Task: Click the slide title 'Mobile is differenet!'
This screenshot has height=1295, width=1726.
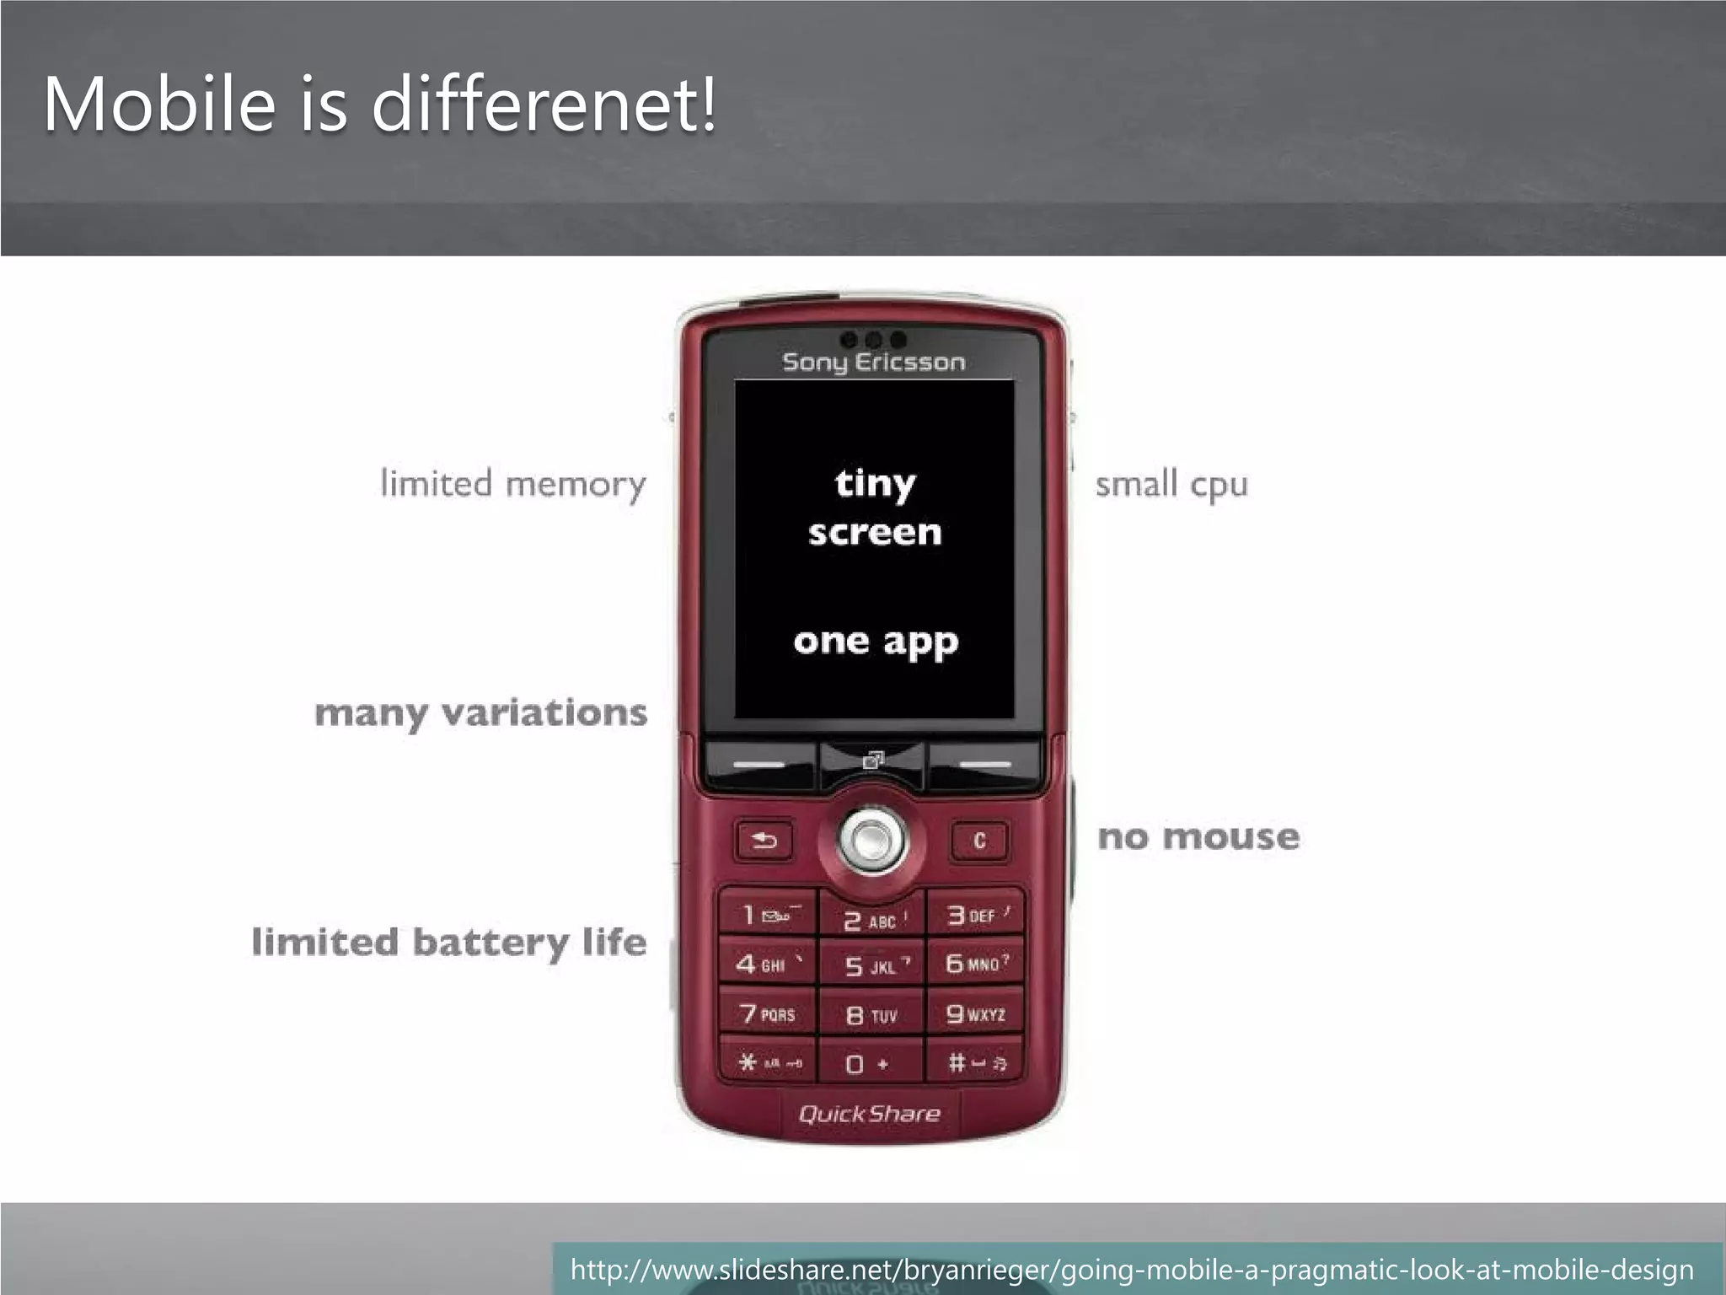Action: [x=380, y=105]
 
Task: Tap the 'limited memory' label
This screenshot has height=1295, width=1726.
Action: [x=513, y=485]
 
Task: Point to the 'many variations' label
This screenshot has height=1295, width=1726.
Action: [x=481, y=713]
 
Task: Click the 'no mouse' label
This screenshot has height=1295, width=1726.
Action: [x=1198, y=837]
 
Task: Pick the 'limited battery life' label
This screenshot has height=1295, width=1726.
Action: [x=449, y=943]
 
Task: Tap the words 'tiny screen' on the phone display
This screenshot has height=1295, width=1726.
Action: [x=875, y=508]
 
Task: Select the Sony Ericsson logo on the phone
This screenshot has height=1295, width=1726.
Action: [x=873, y=363]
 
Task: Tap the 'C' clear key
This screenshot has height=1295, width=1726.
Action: [x=979, y=841]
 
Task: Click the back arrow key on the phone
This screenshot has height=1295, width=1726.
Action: [x=764, y=841]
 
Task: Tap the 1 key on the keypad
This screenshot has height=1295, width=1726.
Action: [x=767, y=915]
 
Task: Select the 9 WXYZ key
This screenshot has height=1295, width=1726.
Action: [x=976, y=1014]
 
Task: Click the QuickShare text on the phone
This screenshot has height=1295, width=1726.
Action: [x=869, y=1114]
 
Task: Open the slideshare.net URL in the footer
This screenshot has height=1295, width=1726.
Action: [x=1131, y=1269]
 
